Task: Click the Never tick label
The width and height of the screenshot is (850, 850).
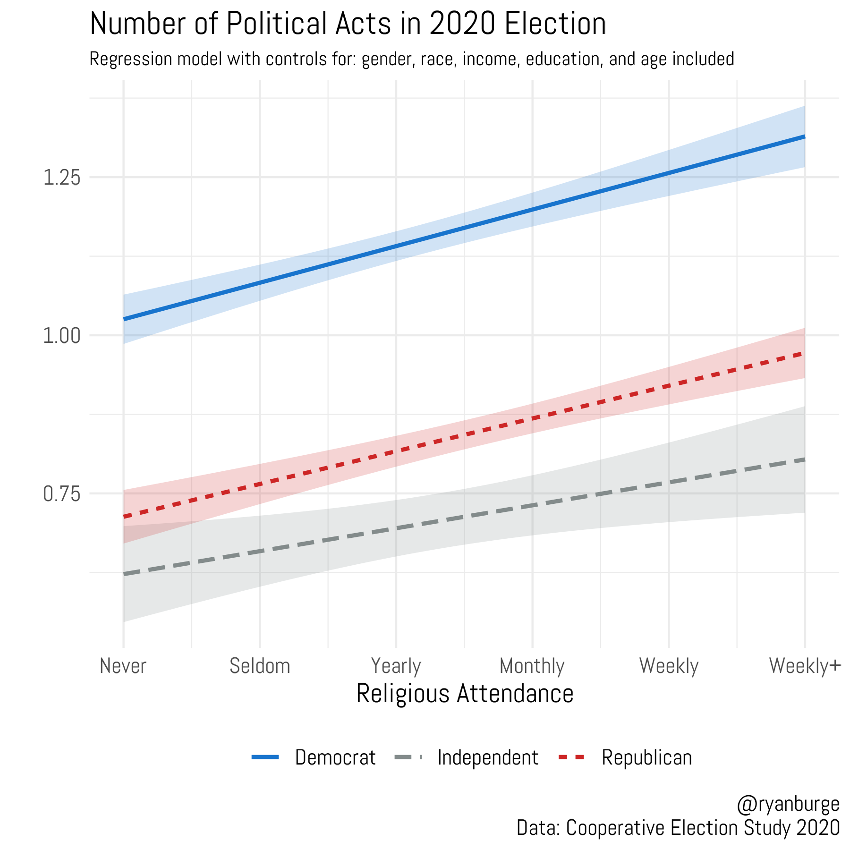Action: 123,666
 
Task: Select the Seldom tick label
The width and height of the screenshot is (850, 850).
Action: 260,666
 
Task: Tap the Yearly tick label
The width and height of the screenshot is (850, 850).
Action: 396,666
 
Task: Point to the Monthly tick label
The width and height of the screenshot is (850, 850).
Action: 532,666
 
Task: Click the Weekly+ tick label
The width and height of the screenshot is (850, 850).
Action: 805,666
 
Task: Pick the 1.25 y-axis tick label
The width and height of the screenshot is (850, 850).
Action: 61,178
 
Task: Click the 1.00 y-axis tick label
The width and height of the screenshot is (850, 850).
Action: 61,336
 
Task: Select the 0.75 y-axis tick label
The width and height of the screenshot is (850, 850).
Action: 61,494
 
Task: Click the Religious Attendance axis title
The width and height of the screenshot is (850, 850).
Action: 465,694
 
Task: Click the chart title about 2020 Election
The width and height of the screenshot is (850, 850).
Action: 348,24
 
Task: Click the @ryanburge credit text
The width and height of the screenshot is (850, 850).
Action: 788,804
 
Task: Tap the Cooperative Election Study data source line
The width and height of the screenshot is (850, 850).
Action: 678,828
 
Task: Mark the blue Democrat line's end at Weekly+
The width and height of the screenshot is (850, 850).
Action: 804,136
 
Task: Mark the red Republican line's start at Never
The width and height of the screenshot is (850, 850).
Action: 124,517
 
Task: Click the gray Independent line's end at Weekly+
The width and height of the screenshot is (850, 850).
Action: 804,459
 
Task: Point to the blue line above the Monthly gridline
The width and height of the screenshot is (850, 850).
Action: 533,209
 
